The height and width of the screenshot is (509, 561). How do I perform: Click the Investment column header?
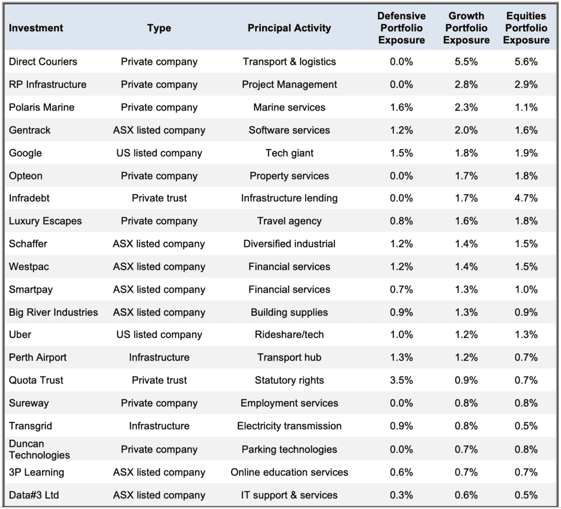[36, 28]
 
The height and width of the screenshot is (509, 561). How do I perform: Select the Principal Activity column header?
[289, 28]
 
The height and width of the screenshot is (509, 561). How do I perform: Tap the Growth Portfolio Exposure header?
[466, 28]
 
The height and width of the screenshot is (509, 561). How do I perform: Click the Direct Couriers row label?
[43, 61]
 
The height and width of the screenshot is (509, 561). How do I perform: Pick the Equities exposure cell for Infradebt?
[526, 198]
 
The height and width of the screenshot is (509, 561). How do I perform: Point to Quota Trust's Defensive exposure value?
[402, 380]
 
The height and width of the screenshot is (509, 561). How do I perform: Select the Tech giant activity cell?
[289, 153]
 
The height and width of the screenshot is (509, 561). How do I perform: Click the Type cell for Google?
[159, 153]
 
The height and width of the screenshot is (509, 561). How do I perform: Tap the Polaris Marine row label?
[42, 107]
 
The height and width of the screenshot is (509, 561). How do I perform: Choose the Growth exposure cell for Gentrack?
[466, 130]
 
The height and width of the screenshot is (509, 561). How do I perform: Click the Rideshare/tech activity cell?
[289, 335]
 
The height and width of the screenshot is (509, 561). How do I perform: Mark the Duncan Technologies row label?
[39, 449]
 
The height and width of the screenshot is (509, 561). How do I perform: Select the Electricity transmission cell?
[289, 426]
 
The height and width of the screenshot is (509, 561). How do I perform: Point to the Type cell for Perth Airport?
[159, 358]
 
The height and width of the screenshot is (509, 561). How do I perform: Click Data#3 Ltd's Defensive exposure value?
[402, 495]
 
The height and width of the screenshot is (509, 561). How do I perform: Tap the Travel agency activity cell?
[289, 221]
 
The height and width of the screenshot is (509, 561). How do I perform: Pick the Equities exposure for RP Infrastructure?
[526, 84]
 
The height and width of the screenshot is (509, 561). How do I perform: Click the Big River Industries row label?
[53, 312]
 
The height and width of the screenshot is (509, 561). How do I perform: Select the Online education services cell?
[289, 472]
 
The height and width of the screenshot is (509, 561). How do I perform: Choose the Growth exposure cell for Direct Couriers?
[466, 61]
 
